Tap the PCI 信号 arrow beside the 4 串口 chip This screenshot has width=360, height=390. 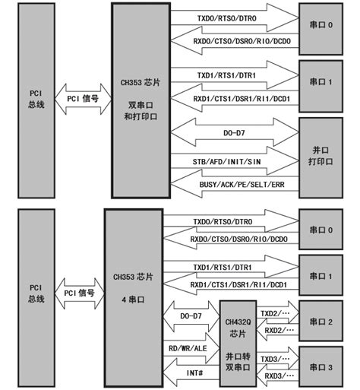tap(80, 292)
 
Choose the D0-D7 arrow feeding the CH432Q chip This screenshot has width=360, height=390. tap(191, 315)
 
